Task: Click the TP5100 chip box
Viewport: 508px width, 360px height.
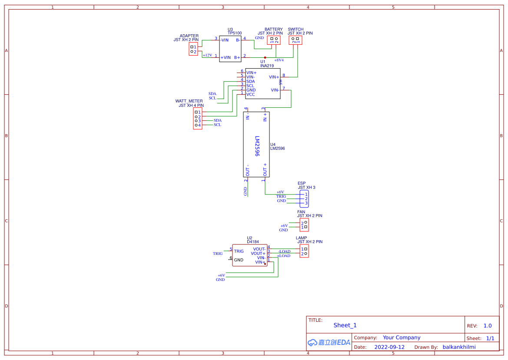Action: pos(230,49)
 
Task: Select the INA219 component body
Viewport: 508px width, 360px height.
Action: pos(262,83)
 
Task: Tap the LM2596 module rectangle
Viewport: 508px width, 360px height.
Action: pos(256,145)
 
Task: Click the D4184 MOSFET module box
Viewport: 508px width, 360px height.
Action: pos(249,255)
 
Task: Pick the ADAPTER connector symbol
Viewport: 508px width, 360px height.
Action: pos(193,49)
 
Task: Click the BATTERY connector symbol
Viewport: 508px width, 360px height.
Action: pos(274,40)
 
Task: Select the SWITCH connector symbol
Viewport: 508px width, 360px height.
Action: pos(296,40)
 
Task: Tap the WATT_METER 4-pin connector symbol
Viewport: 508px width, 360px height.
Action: pos(198,119)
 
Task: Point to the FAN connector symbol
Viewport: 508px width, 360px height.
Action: pos(304,225)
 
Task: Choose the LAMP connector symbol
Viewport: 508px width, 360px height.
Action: pos(304,251)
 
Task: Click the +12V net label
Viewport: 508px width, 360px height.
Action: pos(207,55)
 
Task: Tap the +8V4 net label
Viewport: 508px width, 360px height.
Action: pos(279,60)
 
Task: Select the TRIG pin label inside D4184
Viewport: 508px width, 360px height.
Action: pos(239,251)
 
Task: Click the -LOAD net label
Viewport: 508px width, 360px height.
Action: pos(284,251)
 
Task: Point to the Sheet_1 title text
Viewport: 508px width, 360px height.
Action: pos(345,325)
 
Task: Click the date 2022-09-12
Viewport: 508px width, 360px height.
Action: pos(389,347)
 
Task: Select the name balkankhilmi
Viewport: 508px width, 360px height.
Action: pos(459,347)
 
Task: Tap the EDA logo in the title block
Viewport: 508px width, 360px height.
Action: pos(329,342)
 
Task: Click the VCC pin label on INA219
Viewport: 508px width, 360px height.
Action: pos(251,94)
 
